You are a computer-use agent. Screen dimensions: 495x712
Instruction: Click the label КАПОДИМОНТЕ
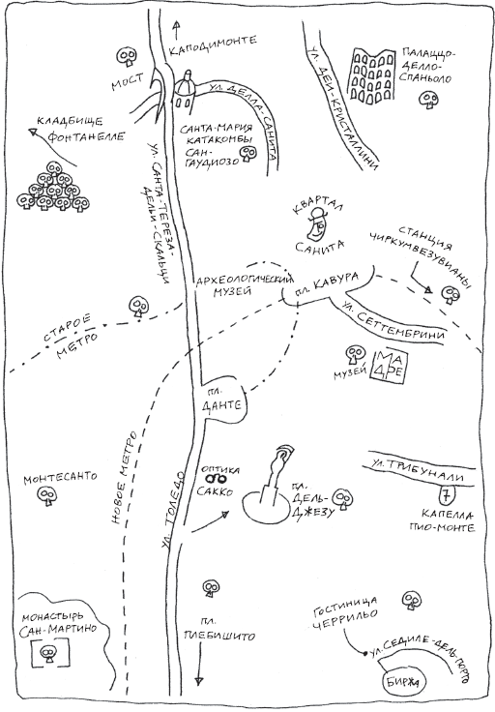click(x=213, y=45)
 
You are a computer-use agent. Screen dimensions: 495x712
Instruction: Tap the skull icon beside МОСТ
click(x=126, y=57)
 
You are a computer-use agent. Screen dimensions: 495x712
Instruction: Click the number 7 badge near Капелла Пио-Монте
click(x=447, y=495)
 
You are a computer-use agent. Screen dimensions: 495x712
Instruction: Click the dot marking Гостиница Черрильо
click(x=364, y=653)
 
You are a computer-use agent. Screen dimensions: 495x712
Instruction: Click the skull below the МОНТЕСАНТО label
click(x=46, y=496)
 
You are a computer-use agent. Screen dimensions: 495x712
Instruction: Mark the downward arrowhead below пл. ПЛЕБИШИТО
click(x=199, y=681)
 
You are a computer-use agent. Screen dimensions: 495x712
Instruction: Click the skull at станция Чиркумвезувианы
click(x=451, y=293)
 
